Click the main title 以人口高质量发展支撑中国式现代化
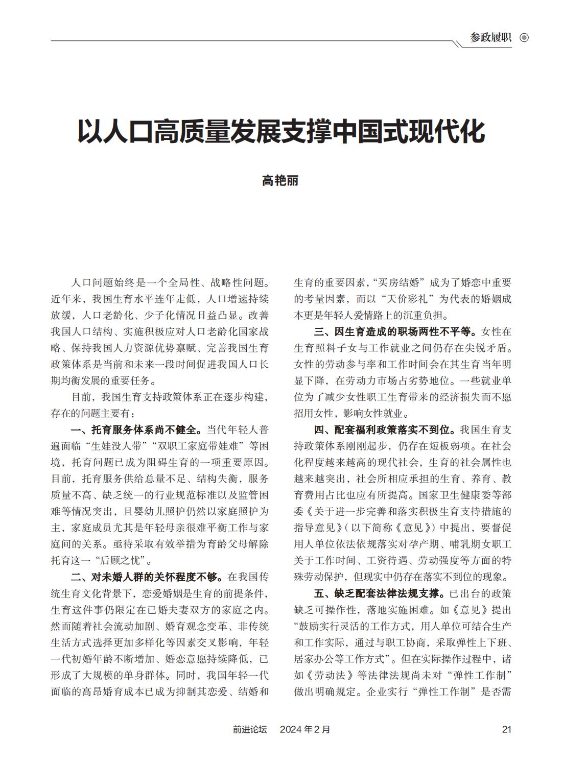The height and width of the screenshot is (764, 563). tap(281, 132)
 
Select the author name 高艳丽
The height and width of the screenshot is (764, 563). tap(280, 181)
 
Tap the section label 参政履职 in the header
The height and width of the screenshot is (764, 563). tap(490, 38)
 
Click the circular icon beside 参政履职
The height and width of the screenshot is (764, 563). tap(524, 38)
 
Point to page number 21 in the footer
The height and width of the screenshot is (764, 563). tap(506, 729)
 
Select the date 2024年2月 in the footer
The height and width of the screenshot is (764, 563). tap(305, 729)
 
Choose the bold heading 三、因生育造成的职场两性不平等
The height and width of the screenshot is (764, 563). tap(395, 331)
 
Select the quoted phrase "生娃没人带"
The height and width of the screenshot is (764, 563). tap(113, 446)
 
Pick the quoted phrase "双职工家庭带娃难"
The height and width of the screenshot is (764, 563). tap(187, 446)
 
